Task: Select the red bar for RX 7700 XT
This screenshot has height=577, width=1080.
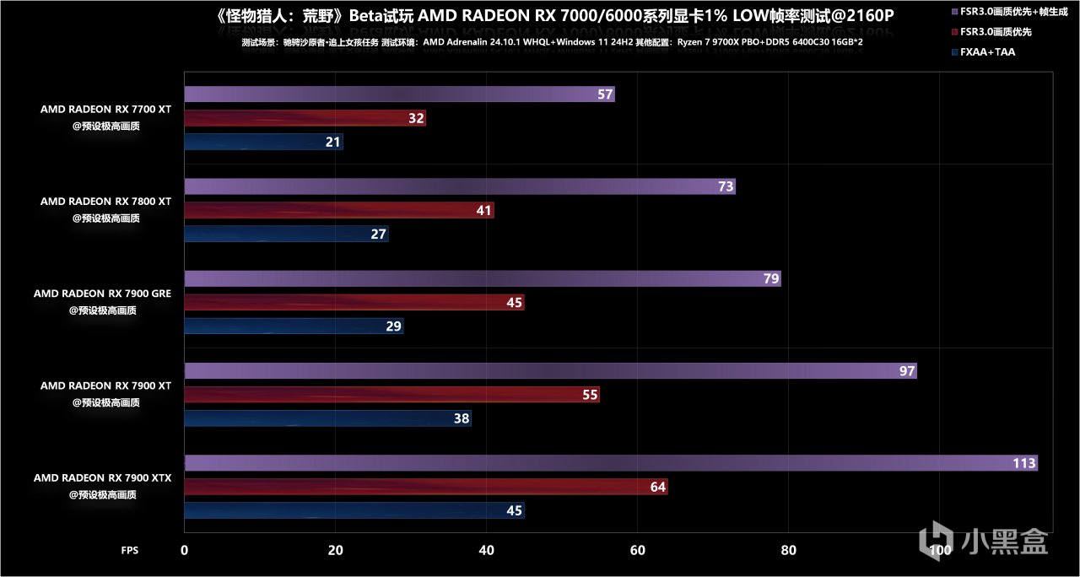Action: [x=305, y=118]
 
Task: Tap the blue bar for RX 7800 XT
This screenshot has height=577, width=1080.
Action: [x=286, y=234]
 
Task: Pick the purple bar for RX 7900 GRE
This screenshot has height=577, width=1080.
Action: [x=482, y=278]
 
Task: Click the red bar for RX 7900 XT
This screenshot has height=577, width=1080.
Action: [x=391, y=395]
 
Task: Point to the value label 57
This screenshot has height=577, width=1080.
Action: [x=604, y=94]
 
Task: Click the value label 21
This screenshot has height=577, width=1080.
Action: [x=333, y=142]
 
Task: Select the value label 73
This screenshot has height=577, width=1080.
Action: [x=726, y=187]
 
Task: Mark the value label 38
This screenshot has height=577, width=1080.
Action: [x=461, y=418]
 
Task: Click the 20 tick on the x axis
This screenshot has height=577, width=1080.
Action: [x=336, y=550]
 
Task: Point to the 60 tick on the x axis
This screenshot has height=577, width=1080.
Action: [x=638, y=550]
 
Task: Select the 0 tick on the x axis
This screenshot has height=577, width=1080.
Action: [x=185, y=550]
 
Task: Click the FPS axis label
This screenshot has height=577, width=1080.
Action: [x=130, y=550]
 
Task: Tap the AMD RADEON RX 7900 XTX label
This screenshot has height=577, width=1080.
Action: [x=102, y=478]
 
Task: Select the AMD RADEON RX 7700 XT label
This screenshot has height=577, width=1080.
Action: [x=105, y=109]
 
